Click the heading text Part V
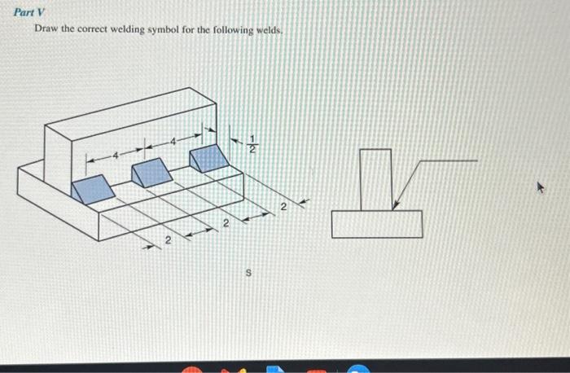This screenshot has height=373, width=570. [28, 11]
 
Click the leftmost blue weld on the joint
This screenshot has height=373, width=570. [93, 188]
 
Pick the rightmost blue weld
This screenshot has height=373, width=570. [210, 157]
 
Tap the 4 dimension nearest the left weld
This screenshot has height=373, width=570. [116, 154]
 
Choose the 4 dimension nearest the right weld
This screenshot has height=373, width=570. [173, 141]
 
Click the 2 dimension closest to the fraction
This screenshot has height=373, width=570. [283, 208]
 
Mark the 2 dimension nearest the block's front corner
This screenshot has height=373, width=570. [168, 240]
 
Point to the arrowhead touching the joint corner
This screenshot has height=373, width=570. [395, 207]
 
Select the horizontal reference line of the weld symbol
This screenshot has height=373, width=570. [448, 161]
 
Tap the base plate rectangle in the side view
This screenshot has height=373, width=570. [377, 224]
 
